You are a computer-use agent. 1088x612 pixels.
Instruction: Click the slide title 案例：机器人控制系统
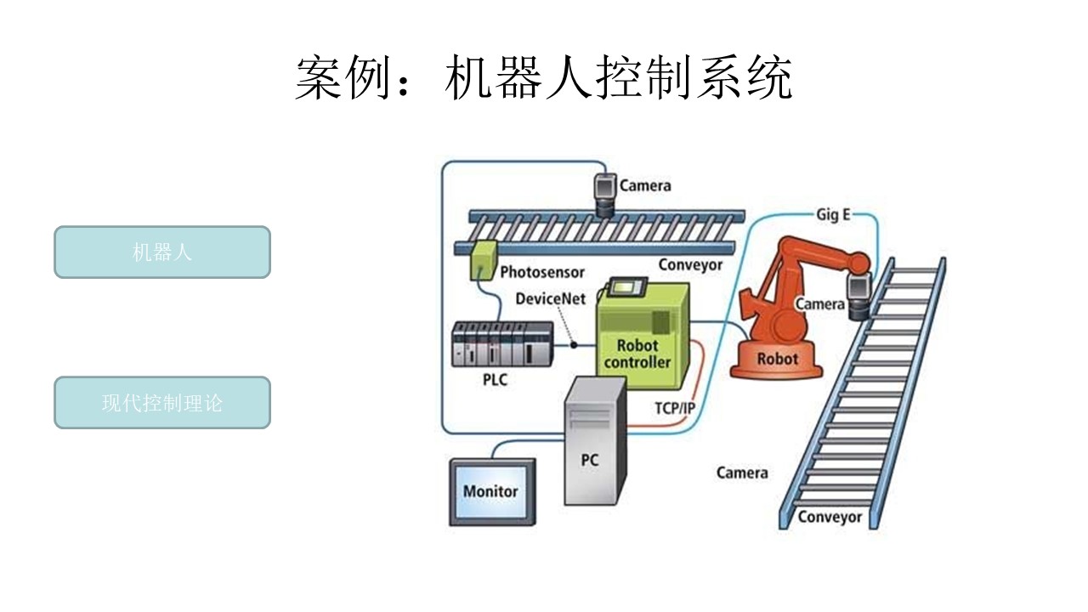pyautogui.click(x=544, y=80)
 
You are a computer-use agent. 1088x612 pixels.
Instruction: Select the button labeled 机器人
pyautogui.click(x=162, y=252)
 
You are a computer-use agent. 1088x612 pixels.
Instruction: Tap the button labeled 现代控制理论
pyautogui.click(x=162, y=403)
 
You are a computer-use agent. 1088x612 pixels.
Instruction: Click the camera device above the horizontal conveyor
pyautogui.click(x=606, y=195)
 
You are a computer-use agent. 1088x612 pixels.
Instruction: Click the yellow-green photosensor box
pyautogui.click(x=483, y=258)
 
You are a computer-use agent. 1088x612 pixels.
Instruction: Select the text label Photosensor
pyautogui.click(x=542, y=273)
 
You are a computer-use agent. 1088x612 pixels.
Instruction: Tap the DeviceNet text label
pyautogui.click(x=550, y=300)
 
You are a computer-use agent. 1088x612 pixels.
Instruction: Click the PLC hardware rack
pyautogui.click(x=501, y=344)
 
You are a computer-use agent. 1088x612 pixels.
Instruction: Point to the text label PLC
pyautogui.click(x=494, y=379)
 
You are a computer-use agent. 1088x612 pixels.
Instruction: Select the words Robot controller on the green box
pyautogui.click(x=637, y=354)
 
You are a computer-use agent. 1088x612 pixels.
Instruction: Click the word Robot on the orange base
pyautogui.click(x=777, y=359)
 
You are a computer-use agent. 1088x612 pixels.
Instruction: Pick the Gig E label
pyautogui.click(x=833, y=215)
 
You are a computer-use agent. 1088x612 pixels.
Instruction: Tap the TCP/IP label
pyautogui.click(x=675, y=408)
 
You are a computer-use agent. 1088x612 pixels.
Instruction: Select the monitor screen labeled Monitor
pyautogui.click(x=491, y=491)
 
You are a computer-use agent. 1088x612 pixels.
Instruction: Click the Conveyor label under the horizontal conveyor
pyautogui.click(x=690, y=265)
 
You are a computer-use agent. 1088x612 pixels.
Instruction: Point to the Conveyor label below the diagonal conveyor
pyautogui.click(x=829, y=517)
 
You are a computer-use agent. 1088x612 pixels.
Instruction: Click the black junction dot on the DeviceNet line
pyautogui.click(x=574, y=345)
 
